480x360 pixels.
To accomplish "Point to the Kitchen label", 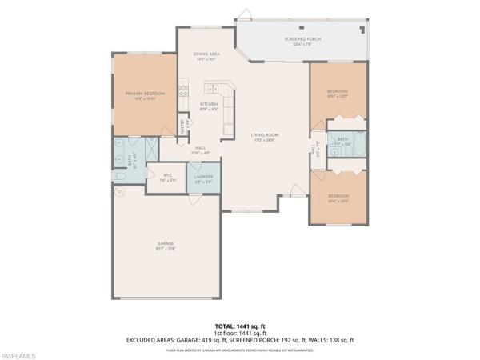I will point(208,105).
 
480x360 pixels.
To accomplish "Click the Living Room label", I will point(263,137).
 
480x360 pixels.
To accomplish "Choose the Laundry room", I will point(204,178).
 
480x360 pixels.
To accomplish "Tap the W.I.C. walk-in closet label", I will point(168,176).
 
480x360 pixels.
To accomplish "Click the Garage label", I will point(166,244).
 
